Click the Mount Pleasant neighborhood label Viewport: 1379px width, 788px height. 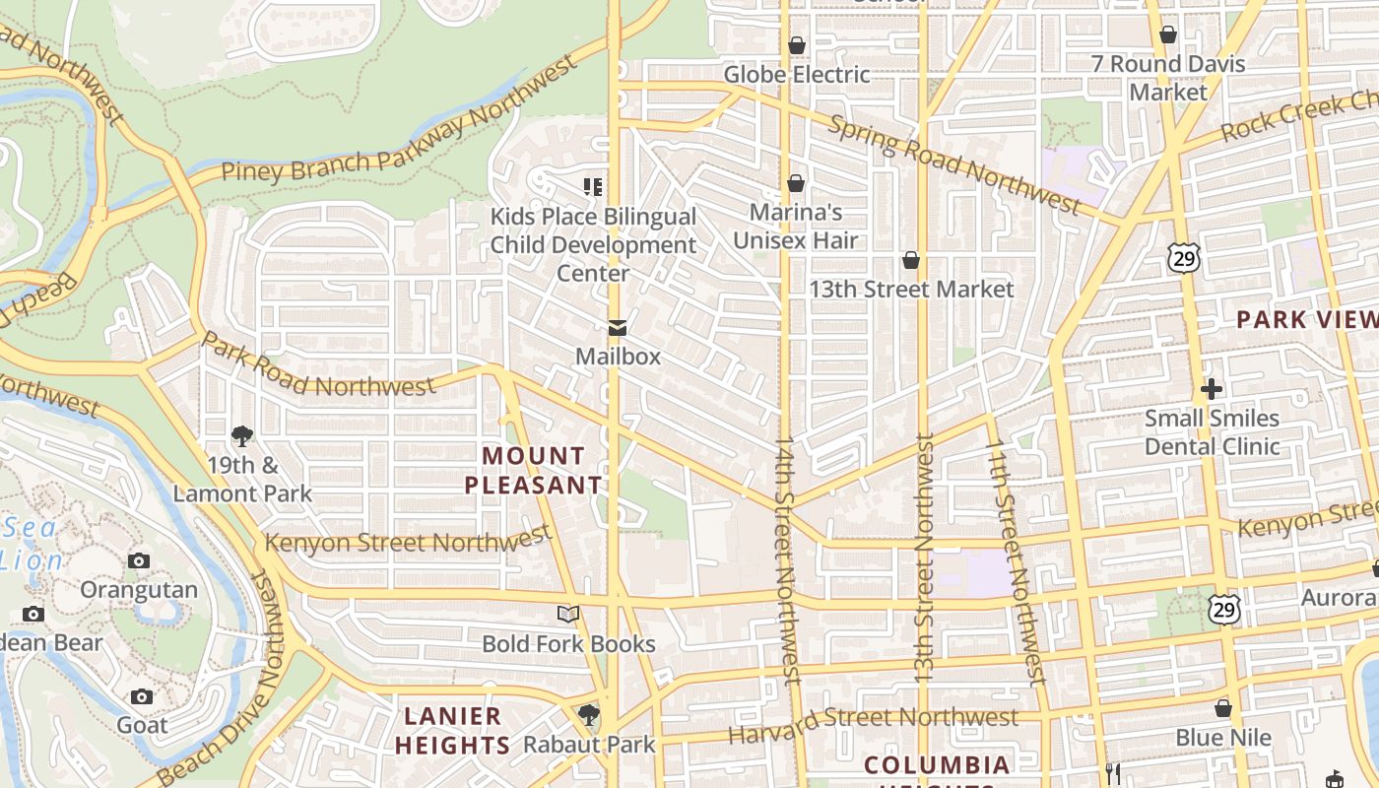point(533,470)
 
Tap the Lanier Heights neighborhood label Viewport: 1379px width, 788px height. point(452,730)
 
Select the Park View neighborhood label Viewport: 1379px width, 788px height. point(1306,319)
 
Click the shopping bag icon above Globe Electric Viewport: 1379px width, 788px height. point(796,45)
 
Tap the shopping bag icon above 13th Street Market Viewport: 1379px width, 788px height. point(911,260)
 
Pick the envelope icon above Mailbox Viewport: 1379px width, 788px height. point(618,328)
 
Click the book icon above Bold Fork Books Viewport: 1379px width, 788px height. point(568,615)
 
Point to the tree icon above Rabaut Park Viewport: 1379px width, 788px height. point(589,714)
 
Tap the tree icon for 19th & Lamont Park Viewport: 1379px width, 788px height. point(242,435)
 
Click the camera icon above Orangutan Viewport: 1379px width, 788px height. point(139,561)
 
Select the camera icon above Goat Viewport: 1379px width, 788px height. point(142,697)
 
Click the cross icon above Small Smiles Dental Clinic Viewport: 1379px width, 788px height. point(1212,389)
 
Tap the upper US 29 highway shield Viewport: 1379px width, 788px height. point(1183,258)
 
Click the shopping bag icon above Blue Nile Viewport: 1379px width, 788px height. point(1222,709)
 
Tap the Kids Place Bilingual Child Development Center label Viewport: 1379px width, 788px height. point(593,244)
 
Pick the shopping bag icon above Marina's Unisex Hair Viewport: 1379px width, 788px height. point(796,183)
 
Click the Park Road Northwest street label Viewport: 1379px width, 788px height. point(317,370)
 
